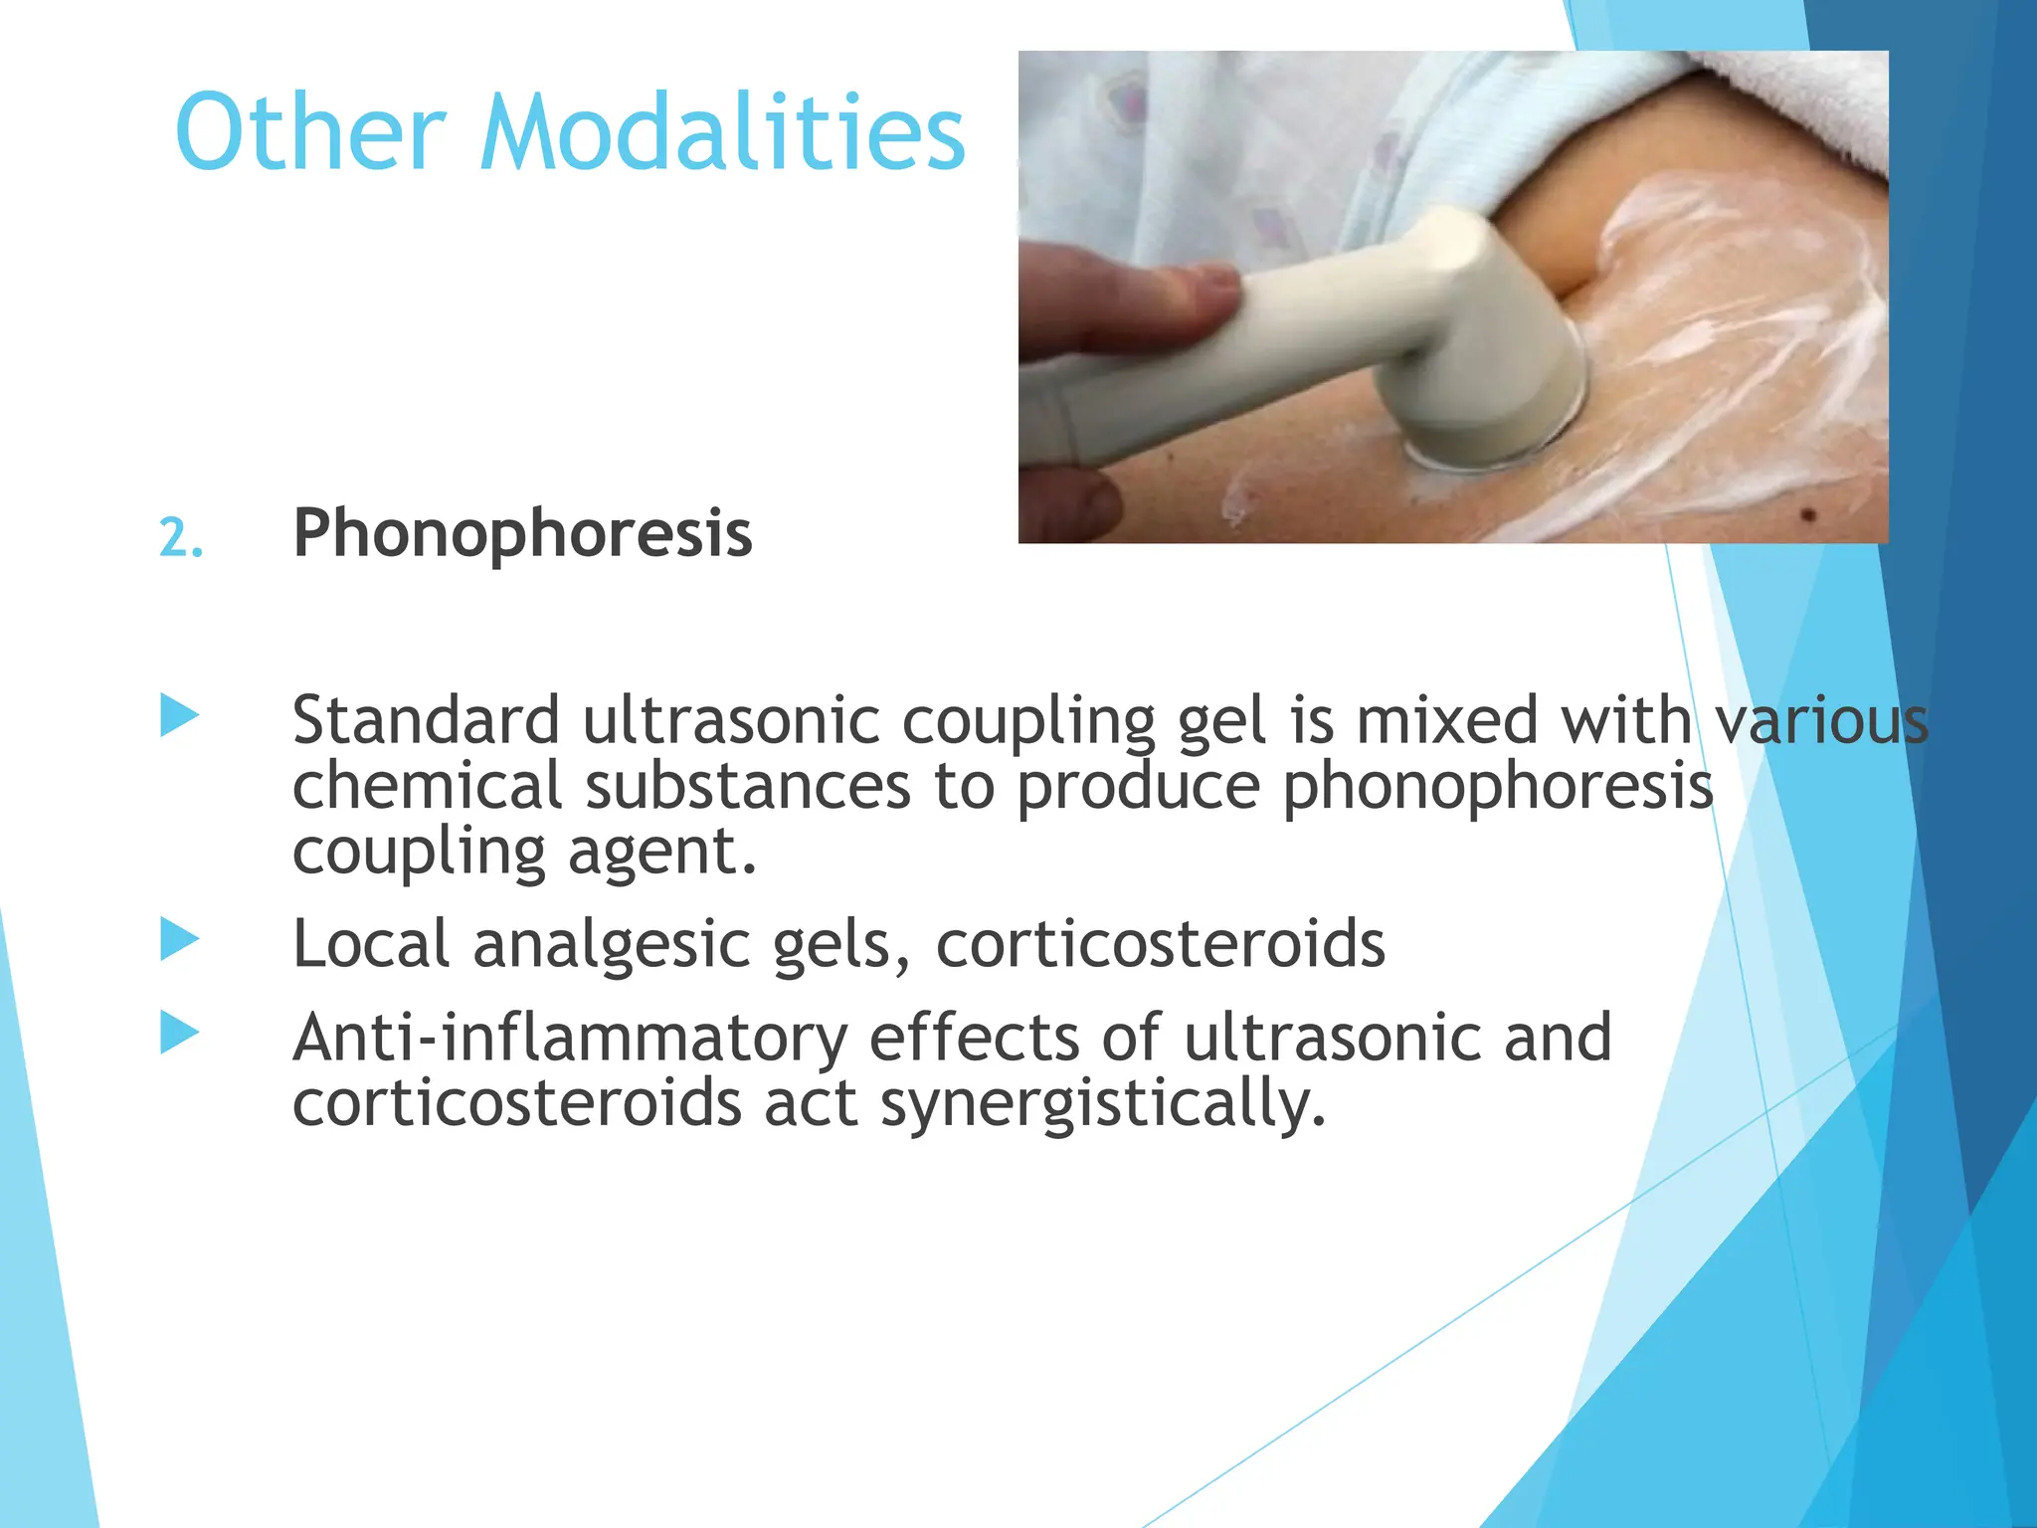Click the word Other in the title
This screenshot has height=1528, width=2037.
[309, 132]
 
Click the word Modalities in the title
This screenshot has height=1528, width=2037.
[722, 132]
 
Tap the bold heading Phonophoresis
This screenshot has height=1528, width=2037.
[522, 534]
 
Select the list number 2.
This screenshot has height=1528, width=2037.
[180, 538]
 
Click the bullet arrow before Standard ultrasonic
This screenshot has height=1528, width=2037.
[180, 716]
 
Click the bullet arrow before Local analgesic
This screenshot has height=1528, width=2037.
[180, 939]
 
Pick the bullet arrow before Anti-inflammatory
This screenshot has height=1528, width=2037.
[180, 1033]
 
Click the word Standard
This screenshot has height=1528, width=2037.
[426, 720]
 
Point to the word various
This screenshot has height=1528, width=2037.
[1822, 720]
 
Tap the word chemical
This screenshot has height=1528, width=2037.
[427, 786]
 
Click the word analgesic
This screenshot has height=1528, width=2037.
[611, 944]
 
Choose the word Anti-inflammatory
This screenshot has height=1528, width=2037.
[569, 1039]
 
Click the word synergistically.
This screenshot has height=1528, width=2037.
[1103, 1105]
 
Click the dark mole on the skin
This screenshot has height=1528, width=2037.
[1808, 514]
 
